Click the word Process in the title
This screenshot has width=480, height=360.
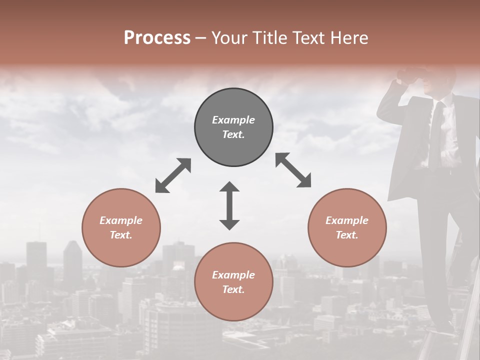pyautogui.click(x=157, y=38)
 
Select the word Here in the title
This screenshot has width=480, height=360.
pyautogui.click(x=349, y=38)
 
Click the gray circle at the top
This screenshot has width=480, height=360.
pyautogui.click(x=233, y=127)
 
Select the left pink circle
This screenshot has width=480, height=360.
pyautogui.click(x=121, y=227)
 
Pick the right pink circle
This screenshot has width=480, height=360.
pyautogui.click(x=347, y=227)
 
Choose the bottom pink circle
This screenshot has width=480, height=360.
pyautogui.click(x=233, y=282)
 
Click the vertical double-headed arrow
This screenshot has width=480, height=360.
pyautogui.click(x=229, y=205)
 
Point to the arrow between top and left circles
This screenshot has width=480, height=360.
pyautogui.click(x=173, y=175)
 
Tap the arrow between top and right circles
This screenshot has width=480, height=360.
pyautogui.click(x=293, y=170)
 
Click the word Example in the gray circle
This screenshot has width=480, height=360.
pyautogui.click(x=233, y=120)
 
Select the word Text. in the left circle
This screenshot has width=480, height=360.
pyautogui.click(x=121, y=235)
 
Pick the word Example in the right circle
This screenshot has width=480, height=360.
pyautogui.click(x=347, y=220)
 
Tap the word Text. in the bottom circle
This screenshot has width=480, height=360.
pyautogui.click(x=233, y=289)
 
